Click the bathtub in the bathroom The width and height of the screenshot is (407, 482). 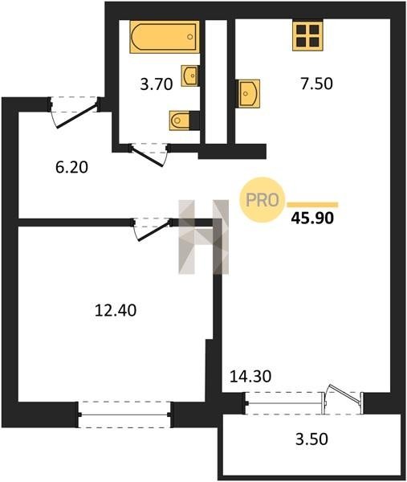click(x=165, y=37)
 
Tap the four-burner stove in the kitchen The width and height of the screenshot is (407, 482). click(x=307, y=35)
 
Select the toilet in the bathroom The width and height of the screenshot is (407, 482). click(x=179, y=120)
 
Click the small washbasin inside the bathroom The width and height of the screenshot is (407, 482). click(x=189, y=76)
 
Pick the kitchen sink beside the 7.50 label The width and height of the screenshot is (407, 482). click(x=249, y=93)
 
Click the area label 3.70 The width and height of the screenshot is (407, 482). click(x=157, y=84)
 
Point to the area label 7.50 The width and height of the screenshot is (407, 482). click(x=316, y=84)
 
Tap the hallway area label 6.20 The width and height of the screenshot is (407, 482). click(x=72, y=167)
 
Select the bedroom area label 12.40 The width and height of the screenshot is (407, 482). click(x=116, y=310)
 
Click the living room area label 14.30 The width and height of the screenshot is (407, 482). click(x=250, y=376)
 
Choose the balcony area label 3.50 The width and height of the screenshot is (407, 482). click(x=311, y=439)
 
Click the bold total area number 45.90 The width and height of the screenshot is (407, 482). click(x=312, y=219)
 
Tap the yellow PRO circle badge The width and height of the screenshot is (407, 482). click(x=263, y=200)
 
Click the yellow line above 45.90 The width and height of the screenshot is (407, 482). click(x=312, y=205)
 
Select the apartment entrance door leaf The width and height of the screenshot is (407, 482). click(x=77, y=116)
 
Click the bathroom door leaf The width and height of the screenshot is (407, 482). click(x=147, y=157)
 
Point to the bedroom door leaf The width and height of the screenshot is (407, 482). click(x=153, y=231)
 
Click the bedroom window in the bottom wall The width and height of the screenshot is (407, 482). click(x=124, y=415)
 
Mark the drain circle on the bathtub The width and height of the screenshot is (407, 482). click(x=190, y=37)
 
